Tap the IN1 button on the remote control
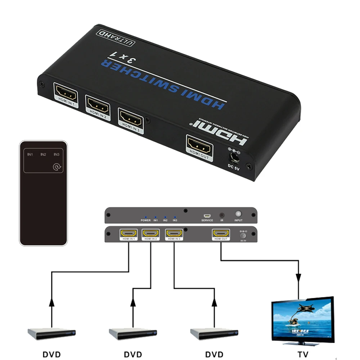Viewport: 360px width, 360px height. tap(31, 154)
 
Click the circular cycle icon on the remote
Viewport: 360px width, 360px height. tap(57, 167)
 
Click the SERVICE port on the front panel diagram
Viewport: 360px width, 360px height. tap(207, 214)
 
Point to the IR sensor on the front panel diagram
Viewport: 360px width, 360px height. tap(222, 214)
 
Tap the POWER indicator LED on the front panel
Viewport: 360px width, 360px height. tap(145, 217)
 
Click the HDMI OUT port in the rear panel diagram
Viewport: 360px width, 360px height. tap(221, 234)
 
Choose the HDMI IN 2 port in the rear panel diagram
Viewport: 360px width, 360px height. tap(151, 234)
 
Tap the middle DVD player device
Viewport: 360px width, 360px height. tap(134, 333)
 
